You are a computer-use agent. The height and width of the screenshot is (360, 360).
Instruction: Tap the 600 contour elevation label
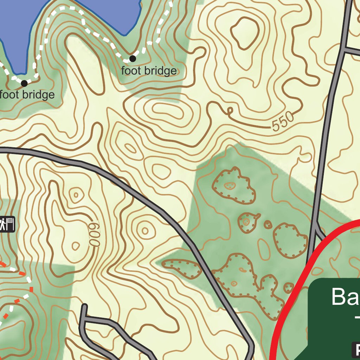94,234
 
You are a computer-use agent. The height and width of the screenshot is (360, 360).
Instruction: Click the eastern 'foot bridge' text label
149,71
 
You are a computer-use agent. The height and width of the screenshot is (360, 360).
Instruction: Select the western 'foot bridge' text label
27,95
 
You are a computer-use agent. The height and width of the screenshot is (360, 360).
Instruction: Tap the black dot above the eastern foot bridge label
133,58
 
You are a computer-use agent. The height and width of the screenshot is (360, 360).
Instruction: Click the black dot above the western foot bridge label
24,83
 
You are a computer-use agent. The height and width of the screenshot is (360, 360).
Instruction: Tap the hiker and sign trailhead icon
7,224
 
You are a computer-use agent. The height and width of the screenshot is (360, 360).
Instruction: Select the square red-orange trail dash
31,289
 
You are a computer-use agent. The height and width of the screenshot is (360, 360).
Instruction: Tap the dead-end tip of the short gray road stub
84,307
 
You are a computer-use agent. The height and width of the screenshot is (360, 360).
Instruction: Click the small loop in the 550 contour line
230,111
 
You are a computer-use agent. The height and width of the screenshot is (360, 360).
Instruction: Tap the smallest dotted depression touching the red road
289,288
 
